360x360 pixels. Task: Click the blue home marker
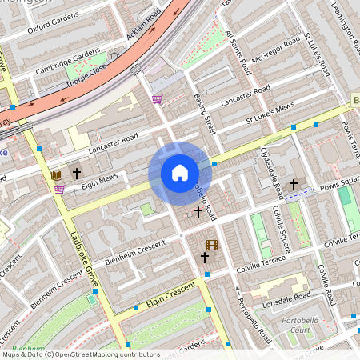click(x=180, y=173)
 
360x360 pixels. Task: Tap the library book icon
click(x=57, y=174)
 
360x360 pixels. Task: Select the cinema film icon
click(x=211, y=246)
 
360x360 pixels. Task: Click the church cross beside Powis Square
click(x=294, y=185)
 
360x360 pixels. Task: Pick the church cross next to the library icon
click(x=78, y=173)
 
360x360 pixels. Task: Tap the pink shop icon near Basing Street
click(x=158, y=99)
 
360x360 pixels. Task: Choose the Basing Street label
click(x=205, y=113)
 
